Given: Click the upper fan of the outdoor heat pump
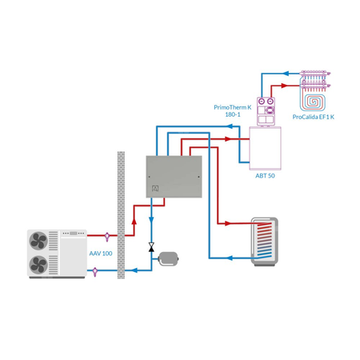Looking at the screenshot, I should (38, 240).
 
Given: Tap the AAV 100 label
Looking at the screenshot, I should (100, 253).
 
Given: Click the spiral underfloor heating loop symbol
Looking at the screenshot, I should (314, 98).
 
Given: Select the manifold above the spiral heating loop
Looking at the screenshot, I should (315, 78).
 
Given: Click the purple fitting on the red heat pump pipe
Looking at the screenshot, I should (109, 235).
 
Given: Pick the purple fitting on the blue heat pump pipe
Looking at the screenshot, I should (95, 271).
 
